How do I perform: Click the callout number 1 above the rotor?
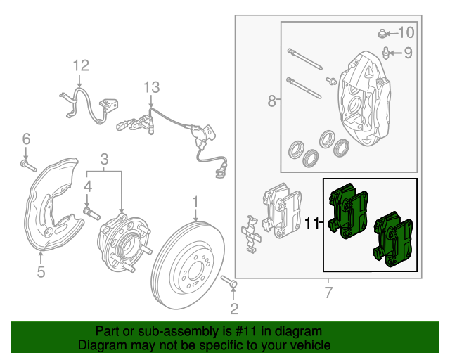click(195, 203)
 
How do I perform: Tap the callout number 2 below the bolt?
click(235, 308)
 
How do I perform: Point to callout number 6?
click(26, 138)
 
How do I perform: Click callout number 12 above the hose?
click(81, 66)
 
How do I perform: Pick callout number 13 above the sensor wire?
click(152, 87)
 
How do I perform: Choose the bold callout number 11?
click(313, 223)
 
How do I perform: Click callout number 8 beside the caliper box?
click(272, 102)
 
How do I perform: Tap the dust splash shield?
click(49, 204)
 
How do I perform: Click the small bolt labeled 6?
click(27, 165)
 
